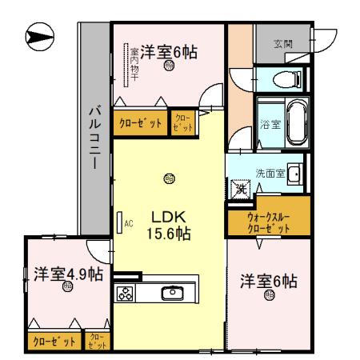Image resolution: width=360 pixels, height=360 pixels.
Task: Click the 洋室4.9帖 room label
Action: pos(68,274)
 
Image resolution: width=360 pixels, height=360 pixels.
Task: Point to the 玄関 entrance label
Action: pos(282,44)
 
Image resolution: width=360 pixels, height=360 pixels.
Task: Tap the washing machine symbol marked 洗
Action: pos(240,190)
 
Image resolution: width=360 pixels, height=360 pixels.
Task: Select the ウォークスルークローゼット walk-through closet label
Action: pos(259,222)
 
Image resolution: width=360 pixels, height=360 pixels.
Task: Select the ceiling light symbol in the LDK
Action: pos(167,178)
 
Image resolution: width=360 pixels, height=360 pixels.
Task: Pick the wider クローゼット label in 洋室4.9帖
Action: pos(54,342)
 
